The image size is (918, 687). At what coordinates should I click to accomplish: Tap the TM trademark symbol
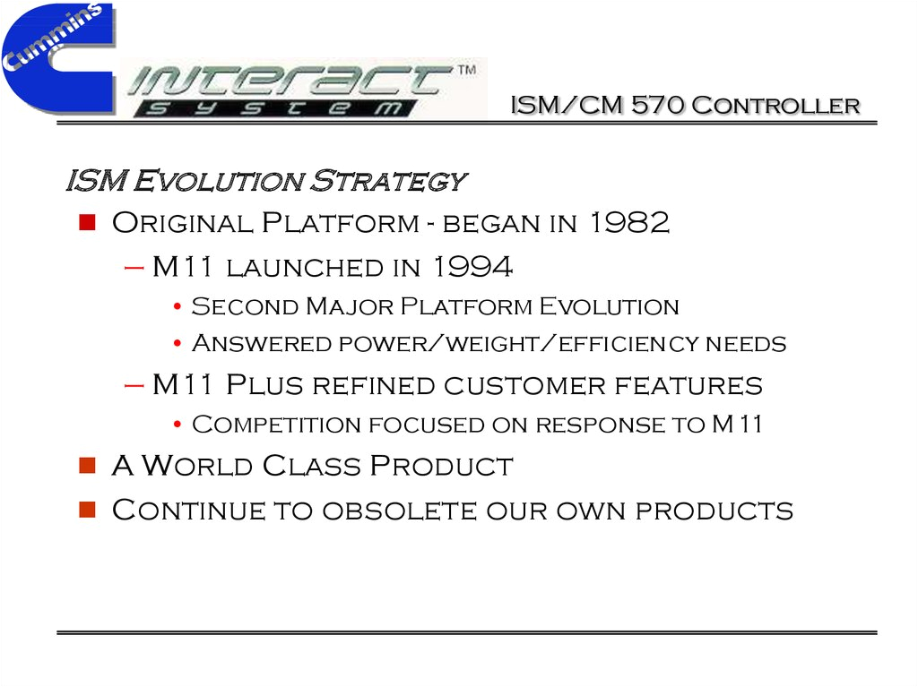pos(466,70)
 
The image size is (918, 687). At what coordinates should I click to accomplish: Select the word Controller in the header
pos(775,106)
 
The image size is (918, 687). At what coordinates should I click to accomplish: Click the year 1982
pos(629,222)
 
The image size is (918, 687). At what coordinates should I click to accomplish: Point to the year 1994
pos(473,267)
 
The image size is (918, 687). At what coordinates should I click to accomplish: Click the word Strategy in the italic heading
pos(388,180)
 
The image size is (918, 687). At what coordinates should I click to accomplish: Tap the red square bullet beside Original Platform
pos(87,222)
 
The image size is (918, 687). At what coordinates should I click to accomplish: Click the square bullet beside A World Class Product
pos(87,465)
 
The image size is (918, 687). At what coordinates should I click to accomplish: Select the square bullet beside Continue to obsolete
pos(87,510)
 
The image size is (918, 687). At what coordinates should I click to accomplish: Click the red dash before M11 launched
pos(134,269)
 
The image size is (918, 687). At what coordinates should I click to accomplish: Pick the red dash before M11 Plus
pos(134,386)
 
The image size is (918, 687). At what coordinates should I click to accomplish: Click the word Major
pos(350,306)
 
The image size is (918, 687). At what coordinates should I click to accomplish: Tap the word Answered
pos(262,344)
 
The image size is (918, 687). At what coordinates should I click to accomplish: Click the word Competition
pos(276,425)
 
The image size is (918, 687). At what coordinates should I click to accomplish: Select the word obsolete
pos(400,511)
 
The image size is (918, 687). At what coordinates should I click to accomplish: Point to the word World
pos(197,466)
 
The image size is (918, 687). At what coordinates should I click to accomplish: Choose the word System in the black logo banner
pos(275,108)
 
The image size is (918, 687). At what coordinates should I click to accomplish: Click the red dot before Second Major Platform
pos(178,306)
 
